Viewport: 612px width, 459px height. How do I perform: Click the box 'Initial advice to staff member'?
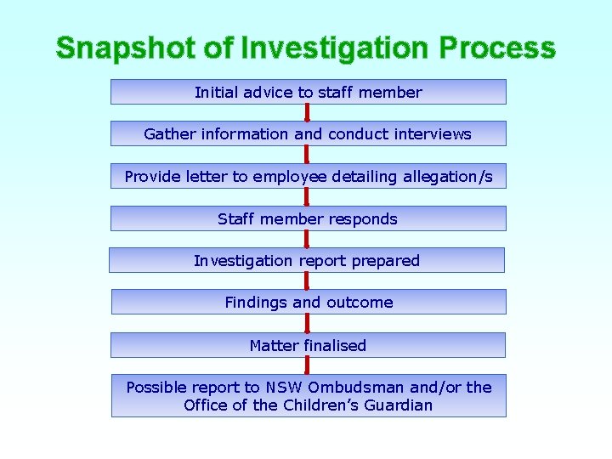pos(308,92)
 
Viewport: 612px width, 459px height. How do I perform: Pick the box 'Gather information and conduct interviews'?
pos(308,133)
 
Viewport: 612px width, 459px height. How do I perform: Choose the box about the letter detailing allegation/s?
pos(308,176)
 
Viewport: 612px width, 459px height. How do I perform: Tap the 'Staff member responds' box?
pos(308,218)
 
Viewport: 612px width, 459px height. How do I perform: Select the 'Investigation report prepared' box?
pos(307,260)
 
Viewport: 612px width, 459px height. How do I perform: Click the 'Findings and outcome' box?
pos(309,302)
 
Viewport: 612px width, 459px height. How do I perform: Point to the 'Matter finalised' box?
pos(308,345)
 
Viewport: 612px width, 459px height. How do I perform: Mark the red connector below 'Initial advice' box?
pos(307,112)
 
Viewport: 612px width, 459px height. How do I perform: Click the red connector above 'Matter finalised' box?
pos(308,323)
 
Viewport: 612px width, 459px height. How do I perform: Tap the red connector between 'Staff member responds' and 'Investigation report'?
pos(307,239)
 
